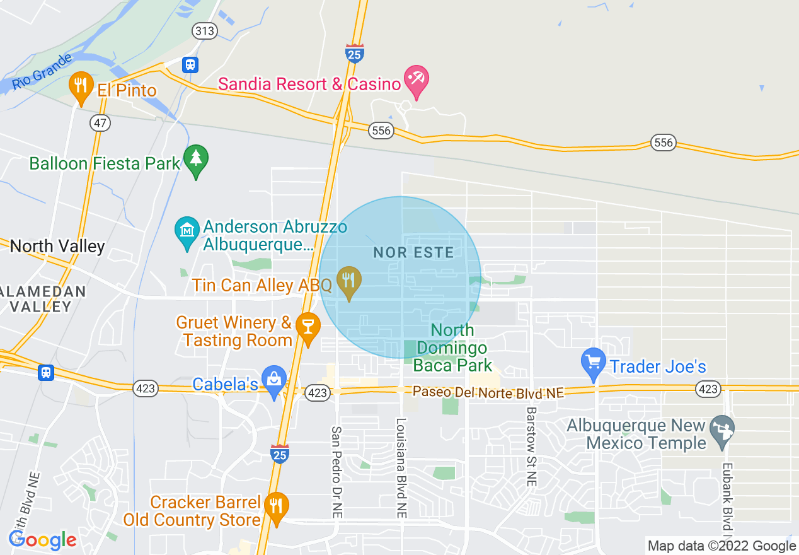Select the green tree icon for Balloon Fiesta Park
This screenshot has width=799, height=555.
pyautogui.click(x=196, y=160)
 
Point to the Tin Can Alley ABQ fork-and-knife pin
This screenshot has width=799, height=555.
pyautogui.click(x=348, y=282)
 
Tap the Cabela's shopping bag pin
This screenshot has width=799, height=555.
pyautogui.click(x=274, y=381)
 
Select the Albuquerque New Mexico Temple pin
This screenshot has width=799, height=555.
pyautogui.click(x=721, y=431)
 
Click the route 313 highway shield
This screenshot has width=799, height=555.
pyautogui.click(x=205, y=32)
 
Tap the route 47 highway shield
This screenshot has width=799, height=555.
pyautogui.click(x=100, y=123)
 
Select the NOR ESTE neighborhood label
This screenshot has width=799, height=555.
pyautogui.click(x=413, y=253)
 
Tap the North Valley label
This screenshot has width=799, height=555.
pyautogui.click(x=57, y=246)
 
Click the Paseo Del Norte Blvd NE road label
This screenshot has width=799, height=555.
pyautogui.click(x=488, y=392)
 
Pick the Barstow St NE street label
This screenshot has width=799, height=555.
pyautogui.click(x=531, y=446)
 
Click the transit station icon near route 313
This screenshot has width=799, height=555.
pyautogui.click(x=190, y=64)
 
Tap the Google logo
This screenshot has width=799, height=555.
pyautogui.click(x=42, y=540)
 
